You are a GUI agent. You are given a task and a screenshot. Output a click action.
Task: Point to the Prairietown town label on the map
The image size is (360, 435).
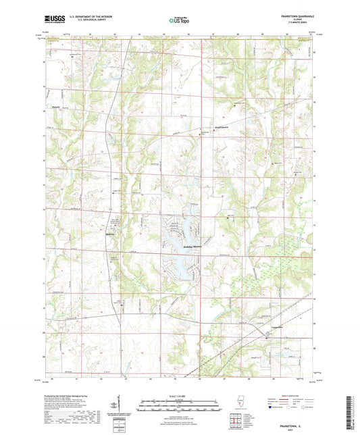(204, 126)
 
